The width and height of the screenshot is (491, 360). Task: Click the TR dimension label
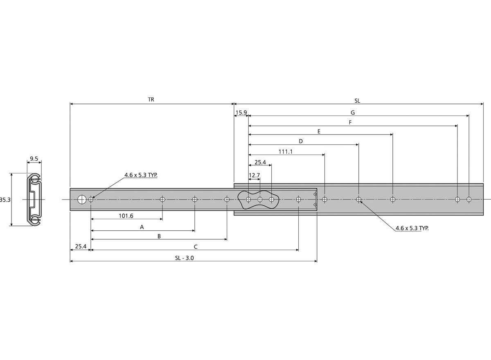(x=151, y=99)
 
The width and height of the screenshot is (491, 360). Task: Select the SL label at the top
(x=357, y=101)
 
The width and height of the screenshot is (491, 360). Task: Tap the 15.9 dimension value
(x=241, y=112)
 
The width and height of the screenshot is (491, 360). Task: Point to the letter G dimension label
(x=353, y=112)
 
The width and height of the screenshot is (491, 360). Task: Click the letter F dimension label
(x=350, y=122)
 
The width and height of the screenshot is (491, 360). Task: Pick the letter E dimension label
(x=319, y=131)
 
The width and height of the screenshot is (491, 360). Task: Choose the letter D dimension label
(x=301, y=141)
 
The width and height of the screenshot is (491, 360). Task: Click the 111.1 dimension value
(x=286, y=152)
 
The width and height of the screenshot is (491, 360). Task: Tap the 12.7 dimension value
(x=254, y=175)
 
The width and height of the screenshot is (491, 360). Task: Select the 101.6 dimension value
(x=126, y=216)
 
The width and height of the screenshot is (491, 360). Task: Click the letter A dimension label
(x=142, y=227)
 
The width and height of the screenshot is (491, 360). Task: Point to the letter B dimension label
(x=159, y=236)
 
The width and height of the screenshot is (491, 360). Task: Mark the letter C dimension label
(x=196, y=247)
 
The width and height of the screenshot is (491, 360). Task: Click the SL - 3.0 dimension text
(x=185, y=258)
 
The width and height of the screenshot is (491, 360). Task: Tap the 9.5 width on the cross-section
(x=34, y=159)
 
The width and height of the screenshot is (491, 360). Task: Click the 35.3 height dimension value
(x=5, y=200)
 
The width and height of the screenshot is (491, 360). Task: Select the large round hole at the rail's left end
(x=82, y=199)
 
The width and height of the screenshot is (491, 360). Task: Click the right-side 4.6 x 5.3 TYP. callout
(x=412, y=228)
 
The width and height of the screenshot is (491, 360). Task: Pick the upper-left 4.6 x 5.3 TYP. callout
(x=141, y=175)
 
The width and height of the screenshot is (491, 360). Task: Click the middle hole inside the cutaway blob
(x=260, y=199)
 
